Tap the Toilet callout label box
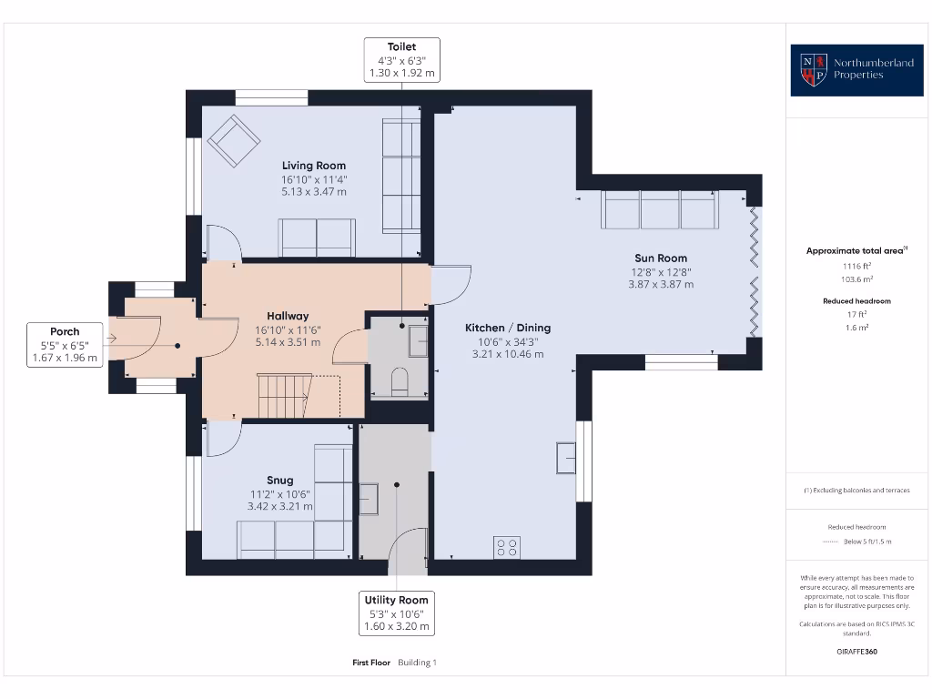401,59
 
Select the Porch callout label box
65,345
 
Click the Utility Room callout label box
396,613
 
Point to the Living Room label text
314,166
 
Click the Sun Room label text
661,258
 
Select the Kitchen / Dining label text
508,328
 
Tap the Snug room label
279,481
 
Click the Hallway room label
288,317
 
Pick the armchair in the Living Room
233,141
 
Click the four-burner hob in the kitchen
507,547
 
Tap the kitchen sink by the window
566,457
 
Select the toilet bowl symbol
400,381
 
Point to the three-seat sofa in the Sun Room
660,209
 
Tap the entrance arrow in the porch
112,339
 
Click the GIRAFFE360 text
856,652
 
